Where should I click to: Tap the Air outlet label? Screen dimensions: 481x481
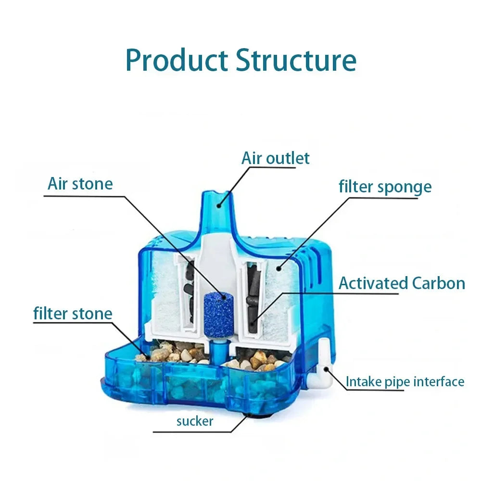point(276,158)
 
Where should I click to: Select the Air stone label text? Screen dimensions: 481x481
point(80,184)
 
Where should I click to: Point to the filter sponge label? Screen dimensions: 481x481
point(385,187)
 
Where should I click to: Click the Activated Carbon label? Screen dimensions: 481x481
point(402,283)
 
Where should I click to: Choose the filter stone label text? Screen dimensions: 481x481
point(73,314)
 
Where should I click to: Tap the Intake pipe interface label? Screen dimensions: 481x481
point(405,382)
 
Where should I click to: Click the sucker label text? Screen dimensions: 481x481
point(194,421)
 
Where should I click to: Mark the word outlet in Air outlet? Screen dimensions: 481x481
point(288,158)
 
